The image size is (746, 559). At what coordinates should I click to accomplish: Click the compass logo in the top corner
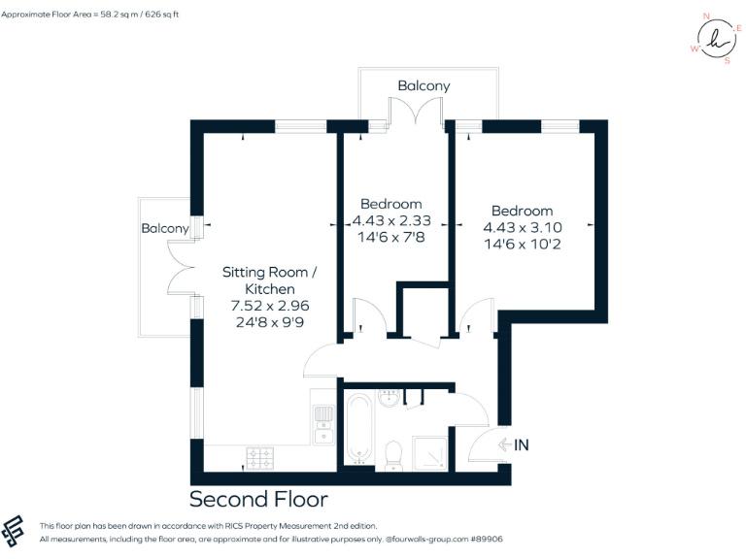(x=717, y=40)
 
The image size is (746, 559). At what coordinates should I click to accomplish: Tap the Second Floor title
(x=258, y=500)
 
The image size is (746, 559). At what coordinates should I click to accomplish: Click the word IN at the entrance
(x=522, y=445)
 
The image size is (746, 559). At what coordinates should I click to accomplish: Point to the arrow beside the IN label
(x=504, y=445)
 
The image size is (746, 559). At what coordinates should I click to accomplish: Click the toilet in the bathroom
(x=393, y=453)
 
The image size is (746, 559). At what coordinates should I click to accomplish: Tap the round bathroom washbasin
(x=390, y=398)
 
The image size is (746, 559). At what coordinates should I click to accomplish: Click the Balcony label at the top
(x=424, y=86)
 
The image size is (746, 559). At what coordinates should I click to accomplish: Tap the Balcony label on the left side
(x=165, y=229)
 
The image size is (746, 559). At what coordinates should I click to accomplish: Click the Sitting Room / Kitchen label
(x=269, y=280)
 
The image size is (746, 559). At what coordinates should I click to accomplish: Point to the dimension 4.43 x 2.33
(x=391, y=220)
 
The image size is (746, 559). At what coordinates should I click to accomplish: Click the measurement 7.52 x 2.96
(x=269, y=306)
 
